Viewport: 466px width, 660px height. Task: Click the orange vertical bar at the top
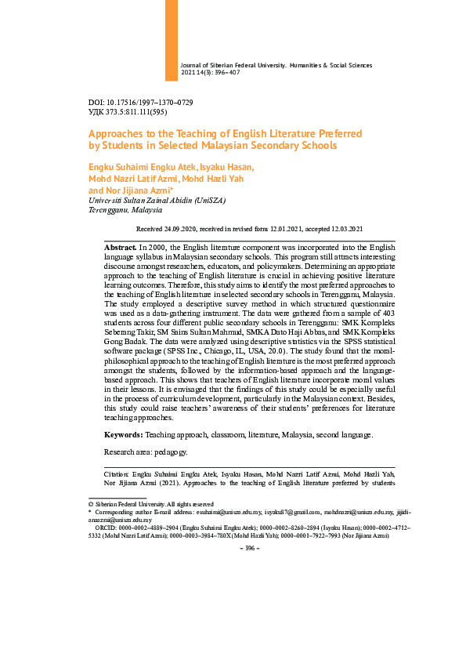[171, 39]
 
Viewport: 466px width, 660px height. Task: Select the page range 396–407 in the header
[226, 73]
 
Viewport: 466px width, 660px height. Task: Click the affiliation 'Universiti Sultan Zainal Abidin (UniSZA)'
[157, 200]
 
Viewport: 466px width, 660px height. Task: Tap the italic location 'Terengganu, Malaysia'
[125, 210]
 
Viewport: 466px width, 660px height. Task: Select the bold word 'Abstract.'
[120, 247]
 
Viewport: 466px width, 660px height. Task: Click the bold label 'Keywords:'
[123, 434]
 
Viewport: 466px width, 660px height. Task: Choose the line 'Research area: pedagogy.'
[146, 452]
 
